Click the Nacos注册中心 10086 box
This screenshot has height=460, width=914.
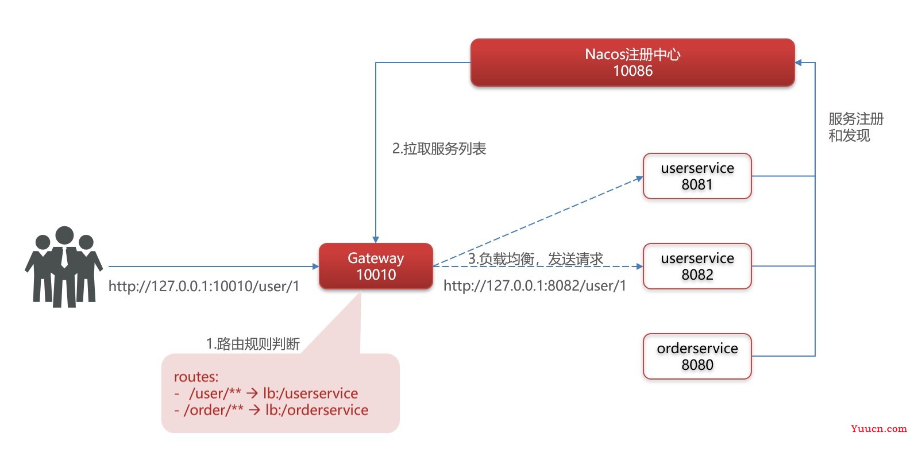pos(633,63)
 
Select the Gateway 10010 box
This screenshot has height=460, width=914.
pos(376,266)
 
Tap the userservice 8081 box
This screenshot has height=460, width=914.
pos(697,176)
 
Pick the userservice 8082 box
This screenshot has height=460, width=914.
pos(697,266)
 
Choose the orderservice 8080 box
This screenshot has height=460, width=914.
pos(697,357)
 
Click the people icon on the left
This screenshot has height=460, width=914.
pos(64,266)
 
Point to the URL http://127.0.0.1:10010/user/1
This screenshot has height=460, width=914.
pos(203,286)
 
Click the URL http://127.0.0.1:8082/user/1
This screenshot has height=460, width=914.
pos(534,286)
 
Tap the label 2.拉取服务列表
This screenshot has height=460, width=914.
pos(439,149)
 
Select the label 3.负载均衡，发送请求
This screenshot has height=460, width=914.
pos(535,259)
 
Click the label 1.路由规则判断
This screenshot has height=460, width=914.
pos(253,344)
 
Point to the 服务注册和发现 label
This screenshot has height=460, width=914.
pos(855,127)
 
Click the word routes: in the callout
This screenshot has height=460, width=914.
pos(196,377)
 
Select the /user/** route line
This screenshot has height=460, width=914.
pos(266,393)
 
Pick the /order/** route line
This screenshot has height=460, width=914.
pos(271,410)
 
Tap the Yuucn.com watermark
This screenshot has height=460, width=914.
pos(878,428)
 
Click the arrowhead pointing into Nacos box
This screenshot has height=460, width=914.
pos(799,63)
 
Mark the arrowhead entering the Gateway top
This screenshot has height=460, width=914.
pos(376,239)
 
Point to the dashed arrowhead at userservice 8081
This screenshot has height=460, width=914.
pos(640,178)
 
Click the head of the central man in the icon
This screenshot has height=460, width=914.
pos(64,235)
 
